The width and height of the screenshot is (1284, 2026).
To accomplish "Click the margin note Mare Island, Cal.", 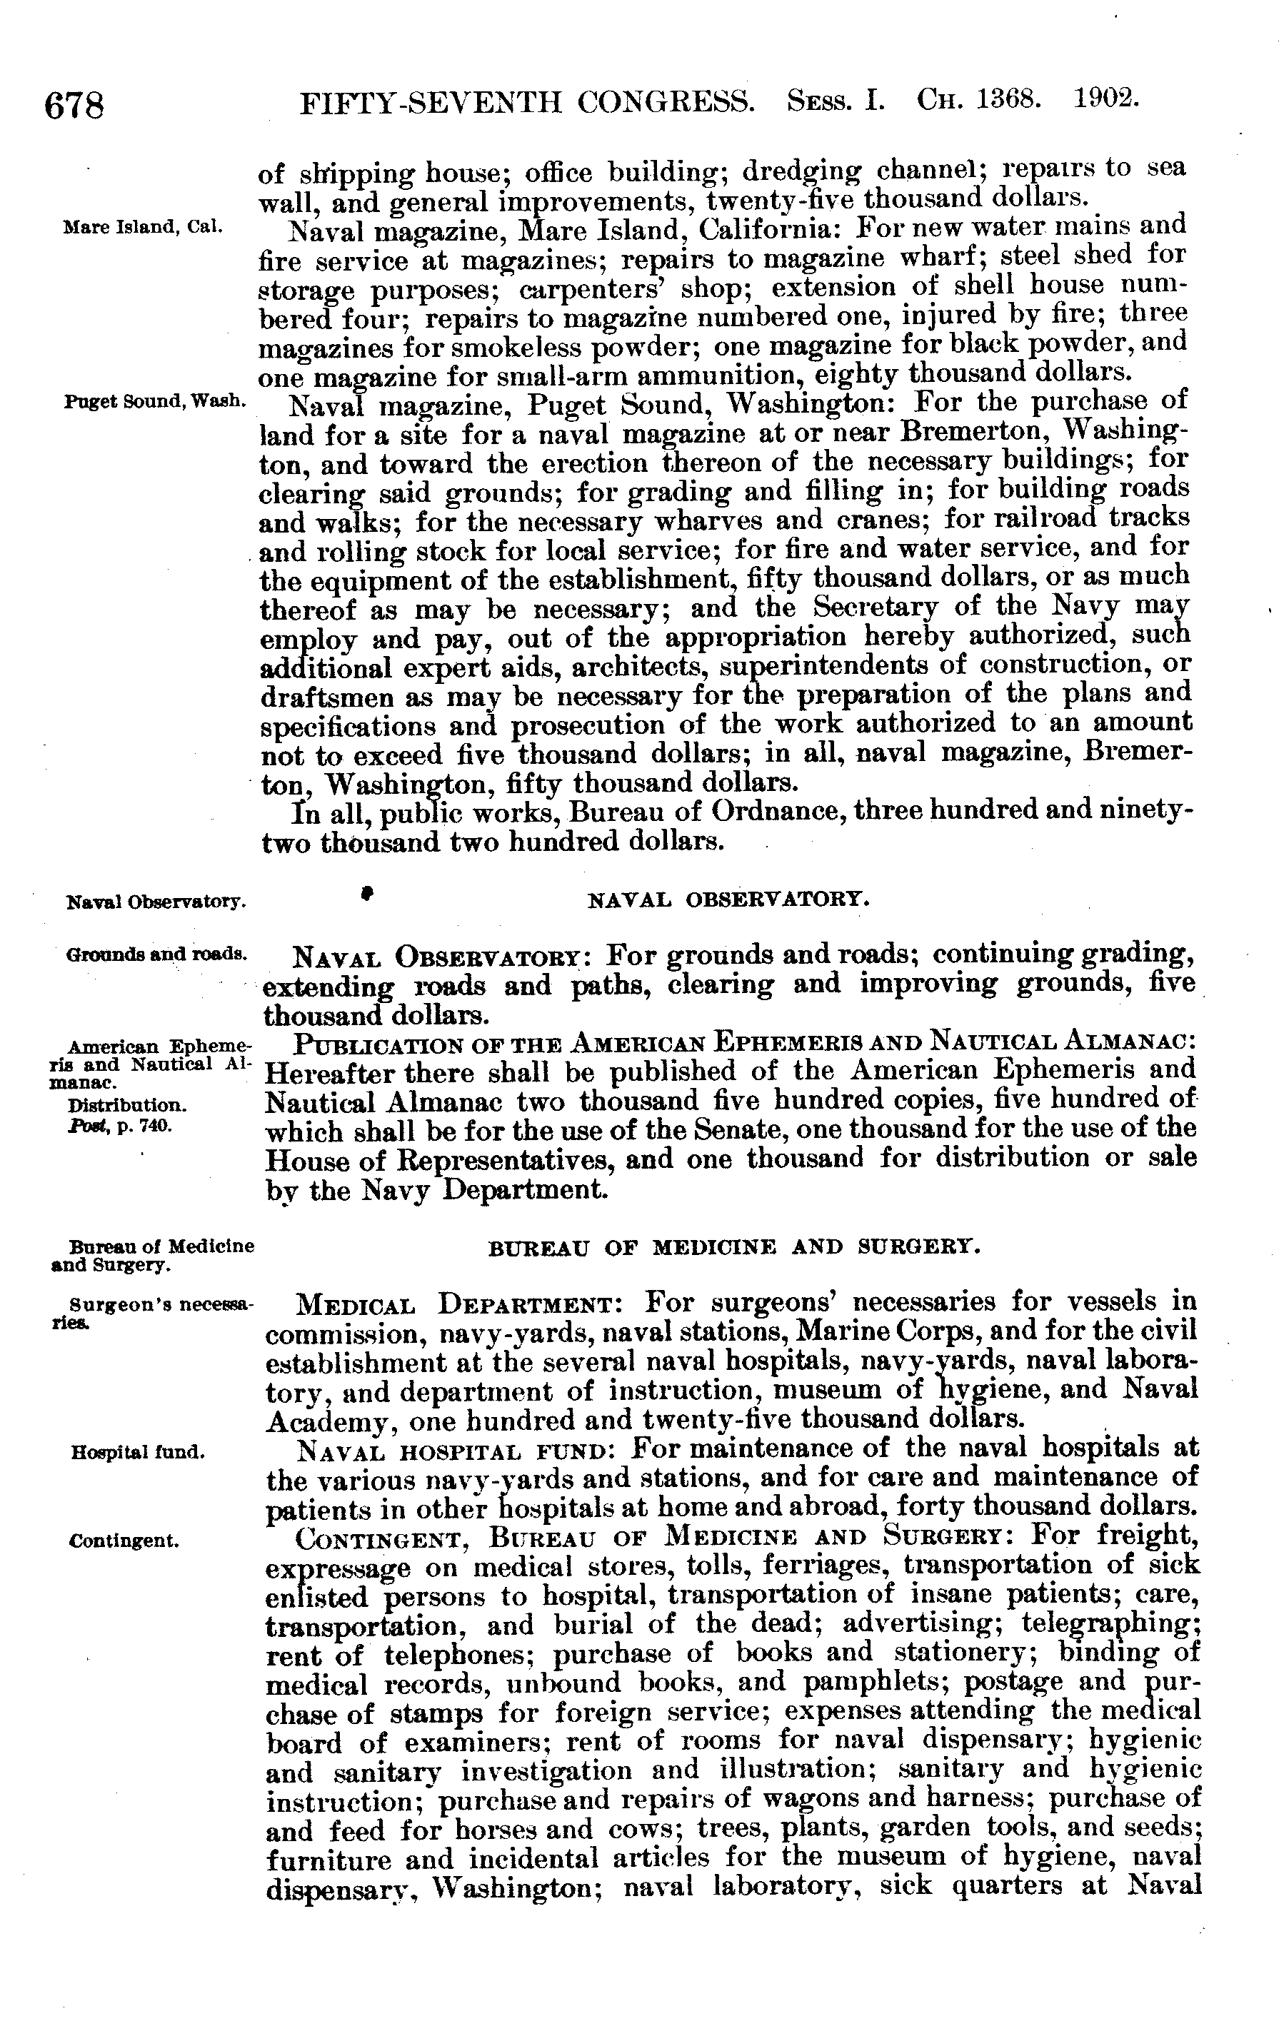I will pos(142,227).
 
